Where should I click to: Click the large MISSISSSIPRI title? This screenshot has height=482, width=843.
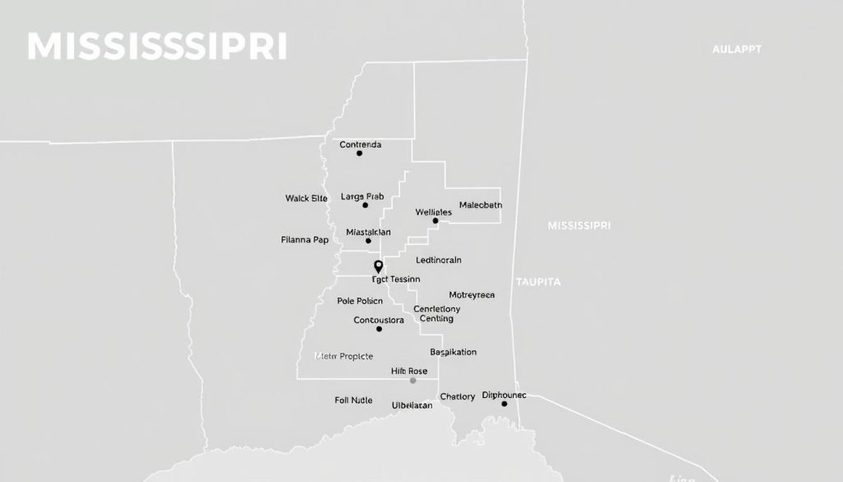[156, 47]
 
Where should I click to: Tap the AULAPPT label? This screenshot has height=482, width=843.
[737, 49]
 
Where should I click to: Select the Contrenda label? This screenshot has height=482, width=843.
[361, 144]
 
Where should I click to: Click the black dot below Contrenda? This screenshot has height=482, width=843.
[359, 153]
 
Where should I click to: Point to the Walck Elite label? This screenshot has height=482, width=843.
[306, 198]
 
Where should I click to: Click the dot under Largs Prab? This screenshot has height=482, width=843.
[366, 205]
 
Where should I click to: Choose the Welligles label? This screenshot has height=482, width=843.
[434, 212]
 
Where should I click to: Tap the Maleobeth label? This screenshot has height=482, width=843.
[481, 205]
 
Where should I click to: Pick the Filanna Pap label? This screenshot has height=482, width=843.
[305, 241]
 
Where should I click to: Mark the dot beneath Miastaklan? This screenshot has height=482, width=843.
[368, 241]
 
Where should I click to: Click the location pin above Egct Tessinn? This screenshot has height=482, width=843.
[379, 266]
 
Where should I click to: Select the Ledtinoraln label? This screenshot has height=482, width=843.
[439, 260]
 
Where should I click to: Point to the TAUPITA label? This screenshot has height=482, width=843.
[538, 282]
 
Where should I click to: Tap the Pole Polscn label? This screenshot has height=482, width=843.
[361, 301]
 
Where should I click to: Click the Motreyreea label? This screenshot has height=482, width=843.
[472, 294]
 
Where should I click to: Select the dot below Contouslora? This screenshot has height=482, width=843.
[379, 329]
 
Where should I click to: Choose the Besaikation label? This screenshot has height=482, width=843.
[454, 352]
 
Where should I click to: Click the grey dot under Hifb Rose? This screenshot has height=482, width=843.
[413, 380]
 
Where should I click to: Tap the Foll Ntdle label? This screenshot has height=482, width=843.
[354, 400]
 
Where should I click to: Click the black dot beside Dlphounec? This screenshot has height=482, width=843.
[504, 404]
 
